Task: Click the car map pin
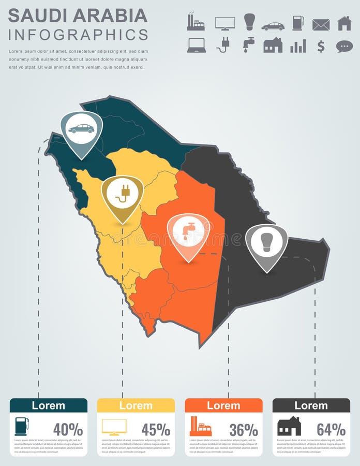point(81,129)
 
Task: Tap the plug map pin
point(122,194)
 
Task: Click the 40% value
point(68,429)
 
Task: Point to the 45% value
point(156,429)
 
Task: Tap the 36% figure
point(243,429)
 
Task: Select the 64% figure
point(331,429)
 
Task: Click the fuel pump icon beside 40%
point(22,426)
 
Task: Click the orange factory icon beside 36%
point(200,426)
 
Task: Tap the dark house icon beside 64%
point(289,426)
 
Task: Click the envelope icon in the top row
point(321,24)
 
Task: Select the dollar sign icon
point(321,46)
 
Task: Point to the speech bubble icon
point(344,46)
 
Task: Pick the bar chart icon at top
point(298,46)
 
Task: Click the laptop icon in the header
point(197,46)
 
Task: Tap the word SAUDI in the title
point(37,16)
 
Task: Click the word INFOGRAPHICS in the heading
point(78,35)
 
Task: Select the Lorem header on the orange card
point(223,405)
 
